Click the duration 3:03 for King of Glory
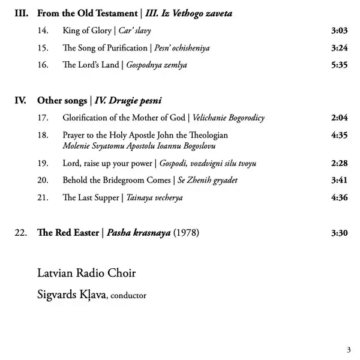[339, 30]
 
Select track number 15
[43, 47]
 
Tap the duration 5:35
[339, 65]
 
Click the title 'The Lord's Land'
[90, 65]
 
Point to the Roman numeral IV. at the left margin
[20, 101]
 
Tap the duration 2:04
[339, 118]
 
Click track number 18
[43, 136]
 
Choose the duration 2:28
[339, 163]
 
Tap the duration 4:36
[339, 197]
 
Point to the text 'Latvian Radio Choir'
[86, 274]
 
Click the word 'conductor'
[128, 295]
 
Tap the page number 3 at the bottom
[349, 350]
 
